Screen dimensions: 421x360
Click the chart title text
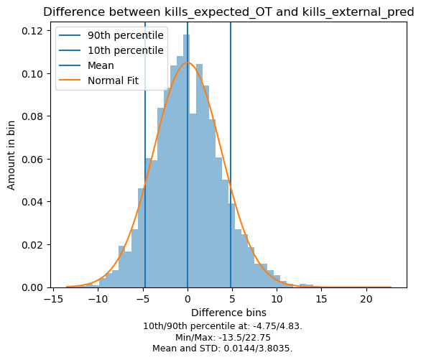click(228, 12)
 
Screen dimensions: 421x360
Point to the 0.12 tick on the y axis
click(32, 31)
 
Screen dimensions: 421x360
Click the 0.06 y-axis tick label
click(32, 160)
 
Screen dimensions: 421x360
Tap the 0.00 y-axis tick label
click(32, 287)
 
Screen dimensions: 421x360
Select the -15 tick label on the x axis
click(53, 299)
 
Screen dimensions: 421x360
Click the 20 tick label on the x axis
click(366, 299)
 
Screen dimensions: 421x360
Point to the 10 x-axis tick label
click(277, 299)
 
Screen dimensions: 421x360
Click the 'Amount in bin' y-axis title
click(11, 155)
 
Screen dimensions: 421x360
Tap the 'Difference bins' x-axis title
click(228, 313)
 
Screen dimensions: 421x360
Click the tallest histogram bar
click(187, 161)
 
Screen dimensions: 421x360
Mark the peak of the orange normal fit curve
click(188, 63)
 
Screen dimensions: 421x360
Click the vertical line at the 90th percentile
click(231, 155)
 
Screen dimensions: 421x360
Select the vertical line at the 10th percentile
click(145, 155)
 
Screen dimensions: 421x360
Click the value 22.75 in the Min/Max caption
click(259, 338)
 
